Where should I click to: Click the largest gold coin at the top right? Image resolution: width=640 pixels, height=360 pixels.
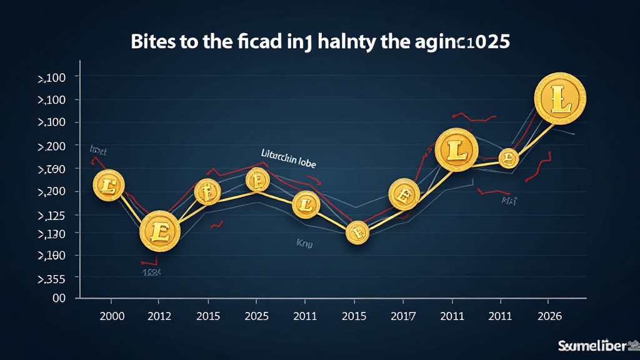pyautogui.click(x=560, y=98)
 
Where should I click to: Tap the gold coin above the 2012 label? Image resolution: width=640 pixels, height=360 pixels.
pyautogui.click(x=159, y=231)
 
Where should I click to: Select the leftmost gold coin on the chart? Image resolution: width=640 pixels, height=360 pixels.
pyautogui.click(x=109, y=184)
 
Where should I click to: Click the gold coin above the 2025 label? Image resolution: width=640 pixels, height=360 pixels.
pyautogui.click(x=257, y=181)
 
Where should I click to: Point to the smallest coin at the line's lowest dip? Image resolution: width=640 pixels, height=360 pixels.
pyautogui.click(x=357, y=234)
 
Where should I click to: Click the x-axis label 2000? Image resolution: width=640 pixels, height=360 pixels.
pyautogui.click(x=112, y=316)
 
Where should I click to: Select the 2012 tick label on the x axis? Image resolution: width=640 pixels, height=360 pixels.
pyautogui.click(x=159, y=316)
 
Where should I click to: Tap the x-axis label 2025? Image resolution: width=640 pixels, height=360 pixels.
pyautogui.click(x=257, y=316)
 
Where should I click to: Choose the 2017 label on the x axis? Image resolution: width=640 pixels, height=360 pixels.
pyautogui.click(x=403, y=316)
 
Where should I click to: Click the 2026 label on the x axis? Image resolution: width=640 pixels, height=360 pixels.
pyautogui.click(x=549, y=316)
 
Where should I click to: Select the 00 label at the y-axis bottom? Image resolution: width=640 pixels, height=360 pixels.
pyautogui.click(x=59, y=299)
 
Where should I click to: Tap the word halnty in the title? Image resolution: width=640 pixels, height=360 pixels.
pyautogui.click(x=352, y=42)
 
